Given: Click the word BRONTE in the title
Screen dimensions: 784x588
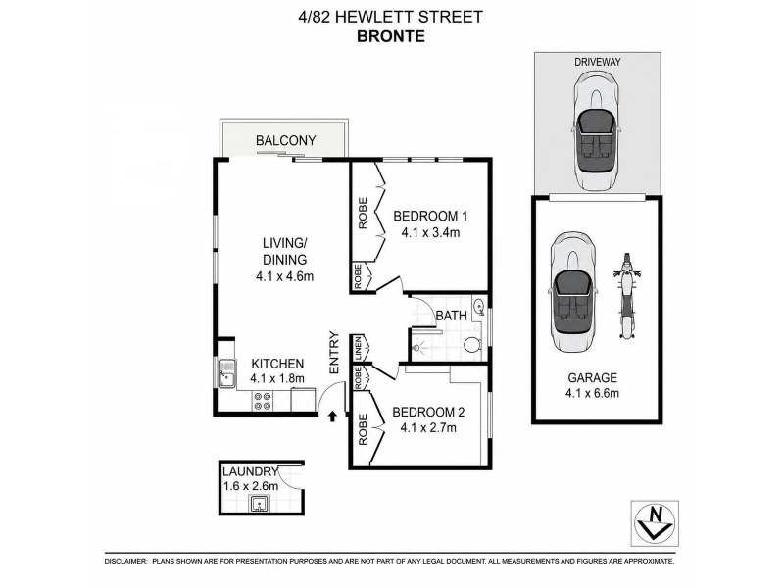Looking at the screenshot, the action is pos(391,36).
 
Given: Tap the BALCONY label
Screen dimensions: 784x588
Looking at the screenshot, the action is pos(285,140).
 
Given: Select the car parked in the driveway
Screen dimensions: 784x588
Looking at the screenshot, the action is pos(597,130).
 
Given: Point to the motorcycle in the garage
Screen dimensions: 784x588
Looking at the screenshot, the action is pos(627,296).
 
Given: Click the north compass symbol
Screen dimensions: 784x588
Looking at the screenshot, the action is pos(655,523).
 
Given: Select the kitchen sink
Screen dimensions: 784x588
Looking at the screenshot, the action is pos(227,373).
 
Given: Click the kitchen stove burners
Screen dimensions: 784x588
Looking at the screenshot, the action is pos(263,401).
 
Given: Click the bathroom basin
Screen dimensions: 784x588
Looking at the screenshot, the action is pos(478,306).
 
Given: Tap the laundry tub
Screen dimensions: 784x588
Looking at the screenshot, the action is pos(260,504).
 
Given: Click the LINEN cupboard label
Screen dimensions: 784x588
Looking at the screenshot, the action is pos(358,348).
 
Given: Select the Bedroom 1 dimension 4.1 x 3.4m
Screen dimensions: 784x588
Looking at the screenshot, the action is pos(430,232).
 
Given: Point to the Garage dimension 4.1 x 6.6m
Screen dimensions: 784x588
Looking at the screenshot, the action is pos(592,393).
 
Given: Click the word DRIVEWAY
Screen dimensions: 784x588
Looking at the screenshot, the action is pos(598,62).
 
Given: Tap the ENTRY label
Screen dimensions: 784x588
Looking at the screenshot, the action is pos(334,353).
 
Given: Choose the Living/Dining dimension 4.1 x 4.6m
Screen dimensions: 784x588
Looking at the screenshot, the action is pos(284,276).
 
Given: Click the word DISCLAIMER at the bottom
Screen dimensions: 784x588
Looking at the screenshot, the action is pos(126,562).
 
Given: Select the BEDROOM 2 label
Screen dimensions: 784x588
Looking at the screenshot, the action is pos(428,412).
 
